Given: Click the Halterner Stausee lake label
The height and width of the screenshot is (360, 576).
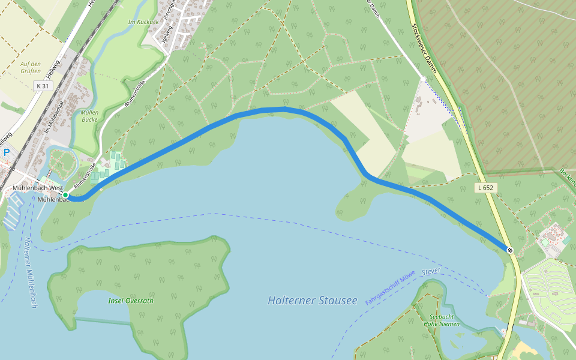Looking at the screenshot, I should [x=313, y=300].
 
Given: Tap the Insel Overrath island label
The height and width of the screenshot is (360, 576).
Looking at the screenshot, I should [x=131, y=300].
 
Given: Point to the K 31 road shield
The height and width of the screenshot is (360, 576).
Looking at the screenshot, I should [x=42, y=86].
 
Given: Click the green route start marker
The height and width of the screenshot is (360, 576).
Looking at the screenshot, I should [x=65, y=195].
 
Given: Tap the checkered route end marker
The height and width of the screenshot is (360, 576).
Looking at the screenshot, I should [x=509, y=250].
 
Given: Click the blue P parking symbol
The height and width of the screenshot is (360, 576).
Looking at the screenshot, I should [x=7, y=152].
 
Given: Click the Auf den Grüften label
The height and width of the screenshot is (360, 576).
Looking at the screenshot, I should [x=31, y=67].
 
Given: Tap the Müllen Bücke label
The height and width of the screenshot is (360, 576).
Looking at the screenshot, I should [x=89, y=116].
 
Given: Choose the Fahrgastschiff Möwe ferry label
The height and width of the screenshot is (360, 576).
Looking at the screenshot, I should [x=391, y=287].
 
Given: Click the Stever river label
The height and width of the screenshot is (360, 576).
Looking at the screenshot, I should [x=431, y=272].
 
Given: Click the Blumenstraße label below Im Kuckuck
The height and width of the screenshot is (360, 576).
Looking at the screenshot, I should [x=135, y=95].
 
